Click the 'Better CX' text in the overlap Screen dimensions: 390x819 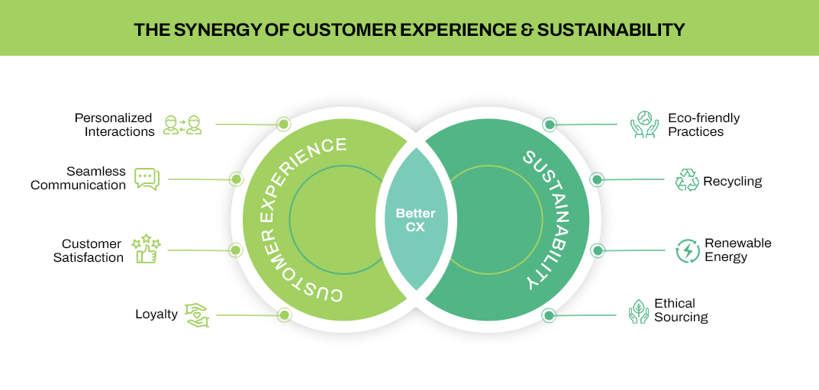point(415,220)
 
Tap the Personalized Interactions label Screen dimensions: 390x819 point(114,124)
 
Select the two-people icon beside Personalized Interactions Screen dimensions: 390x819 point(183,124)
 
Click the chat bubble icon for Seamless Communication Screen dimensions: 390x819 point(147,179)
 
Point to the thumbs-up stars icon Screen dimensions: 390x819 point(146,250)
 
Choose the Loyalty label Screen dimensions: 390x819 point(156,314)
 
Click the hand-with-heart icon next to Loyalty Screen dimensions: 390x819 point(196,314)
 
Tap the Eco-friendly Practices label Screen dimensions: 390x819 point(703,124)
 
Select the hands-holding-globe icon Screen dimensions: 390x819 point(644,124)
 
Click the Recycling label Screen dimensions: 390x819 point(732,181)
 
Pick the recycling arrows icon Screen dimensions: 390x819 point(687,180)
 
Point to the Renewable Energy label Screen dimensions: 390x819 point(737,250)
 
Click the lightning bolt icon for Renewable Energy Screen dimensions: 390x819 point(688,250)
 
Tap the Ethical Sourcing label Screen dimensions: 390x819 point(681,310)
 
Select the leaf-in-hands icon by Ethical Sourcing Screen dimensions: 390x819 point(638,311)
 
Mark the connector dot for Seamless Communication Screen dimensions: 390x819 point(237,179)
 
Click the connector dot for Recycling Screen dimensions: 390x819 point(598,180)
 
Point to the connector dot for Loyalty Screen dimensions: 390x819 point(284,314)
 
